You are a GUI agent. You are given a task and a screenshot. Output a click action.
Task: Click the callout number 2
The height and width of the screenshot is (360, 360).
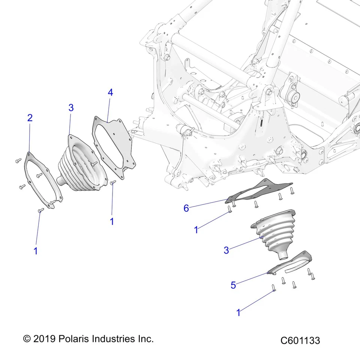[30, 118]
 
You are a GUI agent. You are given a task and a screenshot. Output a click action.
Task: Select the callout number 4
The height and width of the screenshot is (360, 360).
[110, 92]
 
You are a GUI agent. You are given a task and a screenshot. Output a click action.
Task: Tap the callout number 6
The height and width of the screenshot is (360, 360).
[186, 208]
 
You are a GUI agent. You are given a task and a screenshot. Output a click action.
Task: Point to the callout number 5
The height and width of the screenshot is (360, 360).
[233, 285]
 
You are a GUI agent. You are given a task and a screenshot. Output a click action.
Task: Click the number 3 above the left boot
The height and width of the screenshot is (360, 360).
[71, 108]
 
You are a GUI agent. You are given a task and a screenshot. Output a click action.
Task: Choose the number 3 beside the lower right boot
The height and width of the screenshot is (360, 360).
[226, 250]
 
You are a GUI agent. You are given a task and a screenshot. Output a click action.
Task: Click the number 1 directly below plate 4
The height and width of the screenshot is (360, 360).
[111, 222]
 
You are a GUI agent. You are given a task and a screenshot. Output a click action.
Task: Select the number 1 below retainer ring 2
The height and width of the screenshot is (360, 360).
[36, 251]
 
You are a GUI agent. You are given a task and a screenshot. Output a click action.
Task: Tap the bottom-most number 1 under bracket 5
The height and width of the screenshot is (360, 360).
[238, 312]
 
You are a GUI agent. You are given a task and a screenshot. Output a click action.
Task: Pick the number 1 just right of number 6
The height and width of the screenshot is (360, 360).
[196, 230]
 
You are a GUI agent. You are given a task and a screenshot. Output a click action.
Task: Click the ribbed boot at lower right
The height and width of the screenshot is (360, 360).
[276, 232]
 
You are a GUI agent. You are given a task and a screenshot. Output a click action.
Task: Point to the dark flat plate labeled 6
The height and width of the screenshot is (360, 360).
[259, 191]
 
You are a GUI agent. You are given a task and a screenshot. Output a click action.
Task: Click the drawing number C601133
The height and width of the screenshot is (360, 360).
[300, 340]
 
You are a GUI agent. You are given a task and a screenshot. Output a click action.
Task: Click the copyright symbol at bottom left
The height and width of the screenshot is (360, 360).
[27, 339]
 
